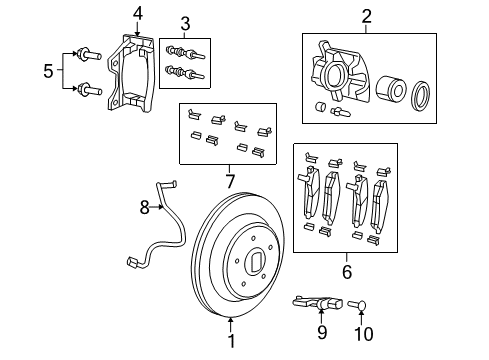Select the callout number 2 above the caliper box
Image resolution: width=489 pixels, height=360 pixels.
[x=367, y=16]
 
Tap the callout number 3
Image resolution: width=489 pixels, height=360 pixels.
[x=184, y=23]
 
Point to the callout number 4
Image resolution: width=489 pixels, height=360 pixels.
[x=138, y=13]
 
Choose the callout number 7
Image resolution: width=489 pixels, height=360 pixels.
[x=230, y=180]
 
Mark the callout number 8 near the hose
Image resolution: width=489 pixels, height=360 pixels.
[x=143, y=208]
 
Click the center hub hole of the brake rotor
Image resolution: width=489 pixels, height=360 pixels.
[x=254, y=266]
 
